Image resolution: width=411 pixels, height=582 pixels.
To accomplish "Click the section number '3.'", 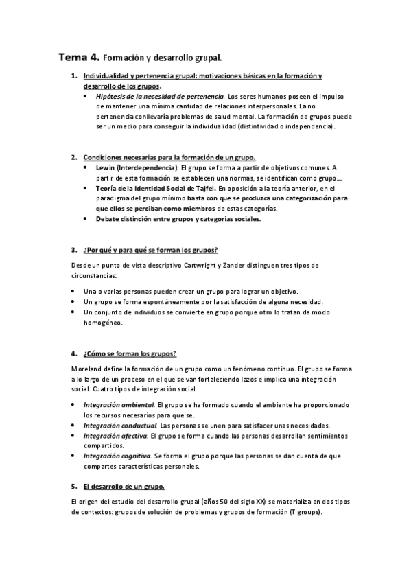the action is click(x=74, y=249).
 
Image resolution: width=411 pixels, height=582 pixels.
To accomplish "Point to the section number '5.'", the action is click(x=74, y=487).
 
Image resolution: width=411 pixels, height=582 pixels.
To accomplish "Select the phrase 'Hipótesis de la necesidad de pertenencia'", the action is click(x=161, y=97).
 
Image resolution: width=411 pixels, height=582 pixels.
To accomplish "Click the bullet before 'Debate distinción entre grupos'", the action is click(x=84, y=220).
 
